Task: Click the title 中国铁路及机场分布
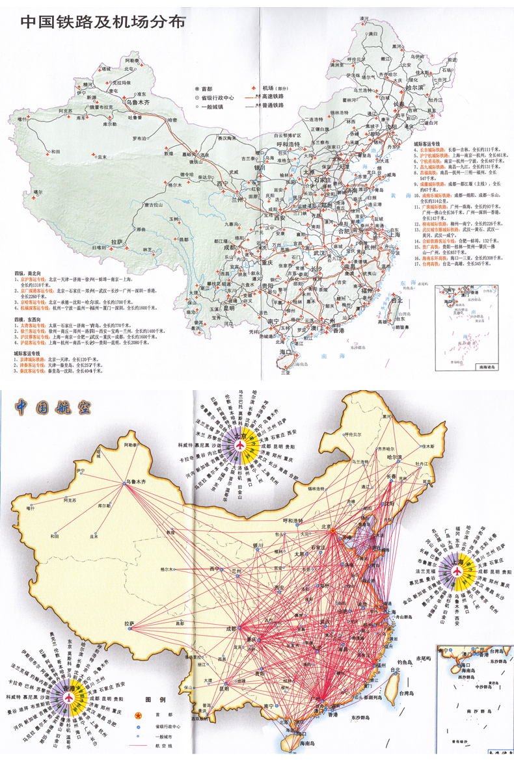coord(103,22)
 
